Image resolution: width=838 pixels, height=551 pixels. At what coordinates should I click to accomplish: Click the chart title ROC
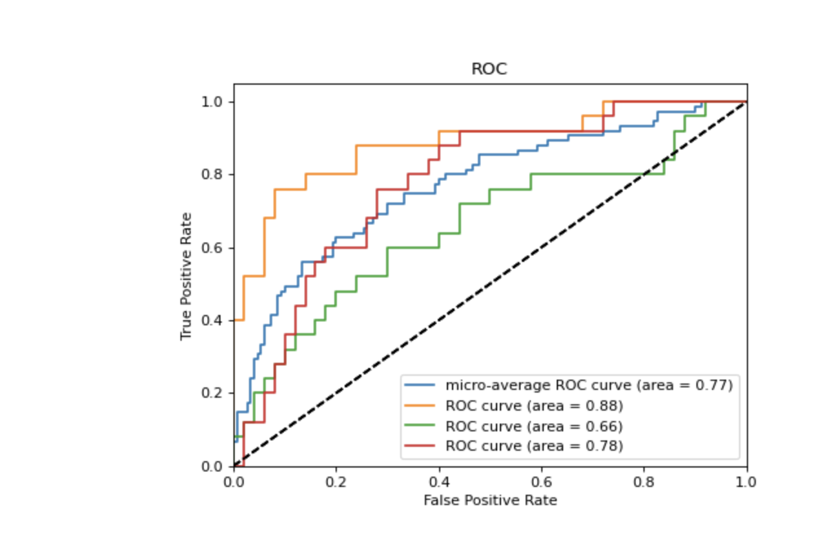pyautogui.click(x=489, y=69)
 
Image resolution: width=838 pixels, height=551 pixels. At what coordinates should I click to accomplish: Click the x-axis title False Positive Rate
pyautogui.click(x=490, y=501)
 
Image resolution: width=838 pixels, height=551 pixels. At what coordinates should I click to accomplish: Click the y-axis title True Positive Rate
pyautogui.click(x=187, y=276)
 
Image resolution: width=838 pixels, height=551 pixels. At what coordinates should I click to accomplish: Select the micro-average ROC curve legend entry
pyautogui.click(x=588, y=385)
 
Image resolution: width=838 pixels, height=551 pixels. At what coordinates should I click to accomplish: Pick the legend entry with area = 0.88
pyautogui.click(x=533, y=406)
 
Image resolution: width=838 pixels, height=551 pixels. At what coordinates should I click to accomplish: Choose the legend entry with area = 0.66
pyautogui.click(x=533, y=426)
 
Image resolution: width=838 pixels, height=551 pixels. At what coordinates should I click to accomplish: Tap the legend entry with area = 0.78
pyautogui.click(x=533, y=446)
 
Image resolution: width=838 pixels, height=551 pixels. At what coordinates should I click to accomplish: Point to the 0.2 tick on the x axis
pyautogui.click(x=336, y=482)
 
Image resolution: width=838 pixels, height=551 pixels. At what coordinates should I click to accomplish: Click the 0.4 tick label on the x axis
pyautogui.click(x=439, y=482)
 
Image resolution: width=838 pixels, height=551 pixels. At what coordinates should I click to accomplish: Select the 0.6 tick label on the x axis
pyautogui.click(x=541, y=482)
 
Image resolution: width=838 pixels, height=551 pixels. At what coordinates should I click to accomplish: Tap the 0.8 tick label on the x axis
pyautogui.click(x=644, y=482)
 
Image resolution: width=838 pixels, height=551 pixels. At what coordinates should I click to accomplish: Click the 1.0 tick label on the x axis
pyautogui.click(x=747, y=482)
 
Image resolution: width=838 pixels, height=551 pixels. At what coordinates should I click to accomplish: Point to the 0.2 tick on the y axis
pyautogui.click(x=218, y=393)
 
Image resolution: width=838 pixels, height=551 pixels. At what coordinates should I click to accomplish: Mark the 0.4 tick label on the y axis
pyautogui.click(x=218, y=321)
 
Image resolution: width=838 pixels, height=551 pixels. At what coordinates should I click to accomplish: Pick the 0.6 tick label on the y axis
pyautogui.click(x=218, y=248)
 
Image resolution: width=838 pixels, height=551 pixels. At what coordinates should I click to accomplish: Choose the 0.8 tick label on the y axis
pyautogui.click(x=218, y=175)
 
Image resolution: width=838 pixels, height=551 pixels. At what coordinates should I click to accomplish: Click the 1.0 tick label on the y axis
pyautogui.click(x=218, y=102)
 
